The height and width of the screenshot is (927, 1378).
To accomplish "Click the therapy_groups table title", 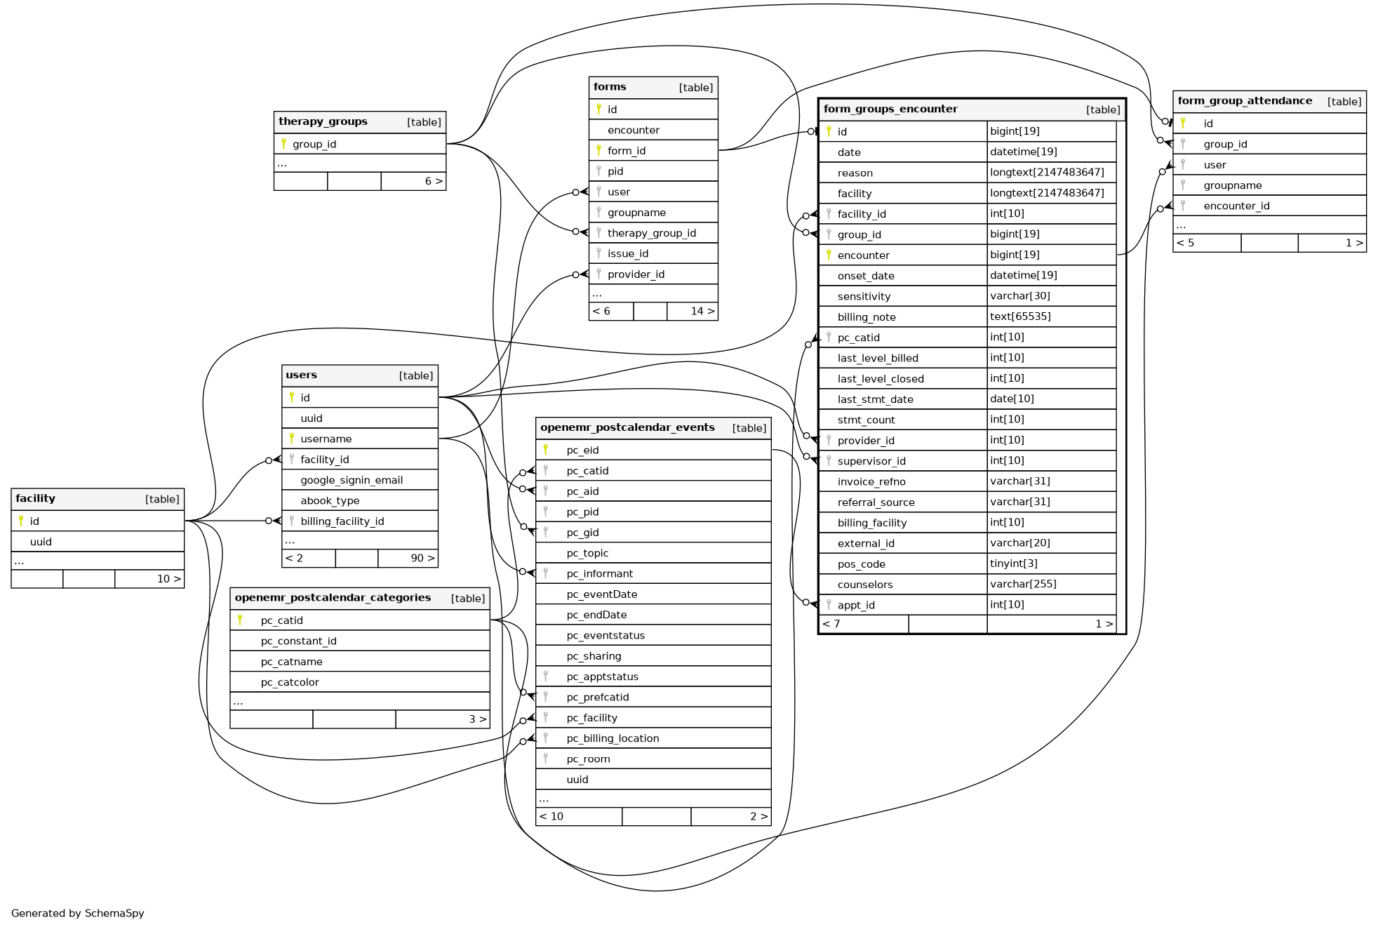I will coord(323,121).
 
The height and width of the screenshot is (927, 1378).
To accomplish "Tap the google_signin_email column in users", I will coord(352,480).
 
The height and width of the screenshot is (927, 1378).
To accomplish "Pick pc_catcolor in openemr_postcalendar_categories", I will coord(290,682).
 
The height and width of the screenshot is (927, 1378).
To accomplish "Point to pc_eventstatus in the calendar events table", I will coord(605,635).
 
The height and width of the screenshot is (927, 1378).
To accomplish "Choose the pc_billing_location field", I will coord(613,738).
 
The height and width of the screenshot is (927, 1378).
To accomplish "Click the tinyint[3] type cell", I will coord(1013,563).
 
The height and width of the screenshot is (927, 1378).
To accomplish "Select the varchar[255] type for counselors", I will coord(1023,584).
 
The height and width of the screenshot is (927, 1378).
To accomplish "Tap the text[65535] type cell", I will coord(1020,316).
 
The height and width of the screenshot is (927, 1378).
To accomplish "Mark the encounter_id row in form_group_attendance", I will coord(1236,206).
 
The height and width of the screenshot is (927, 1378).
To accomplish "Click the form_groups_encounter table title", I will coord(890,109).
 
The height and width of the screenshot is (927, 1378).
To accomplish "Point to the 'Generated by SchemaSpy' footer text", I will coord(78,913).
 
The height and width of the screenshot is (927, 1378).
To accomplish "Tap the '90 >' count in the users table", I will coord(422,558).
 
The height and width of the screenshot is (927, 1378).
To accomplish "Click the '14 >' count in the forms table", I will coord(702,311).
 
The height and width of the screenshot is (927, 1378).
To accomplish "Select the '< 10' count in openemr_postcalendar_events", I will coord(551,816).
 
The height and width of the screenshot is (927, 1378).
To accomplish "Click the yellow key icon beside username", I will coord(292,439).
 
